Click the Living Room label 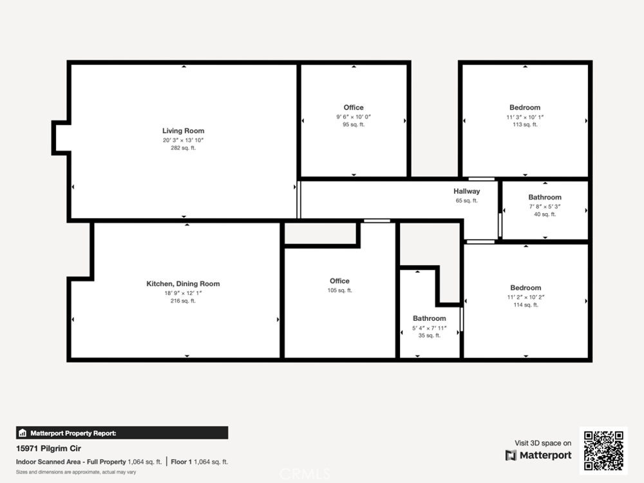point(183,131)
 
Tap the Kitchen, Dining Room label point(183,284)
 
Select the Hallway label point(466,191)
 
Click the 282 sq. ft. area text point(183,148)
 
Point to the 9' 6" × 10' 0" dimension point(354,117)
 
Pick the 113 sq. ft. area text point(525,124)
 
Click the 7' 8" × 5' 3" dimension point(545,207)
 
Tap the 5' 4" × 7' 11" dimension point(429,328)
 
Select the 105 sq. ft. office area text point(339,290)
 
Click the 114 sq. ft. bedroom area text point(526,305)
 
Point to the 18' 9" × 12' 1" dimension point(183,293)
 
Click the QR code point(604,450)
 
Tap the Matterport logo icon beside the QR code point(511,455)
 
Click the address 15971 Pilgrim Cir point(48,448)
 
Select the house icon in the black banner point(23,433)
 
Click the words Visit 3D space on point(543,443)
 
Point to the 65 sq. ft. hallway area point(466,201)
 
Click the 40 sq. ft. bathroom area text point(545,214)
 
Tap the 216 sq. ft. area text point(183,301)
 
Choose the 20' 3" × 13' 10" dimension point(183,140)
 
